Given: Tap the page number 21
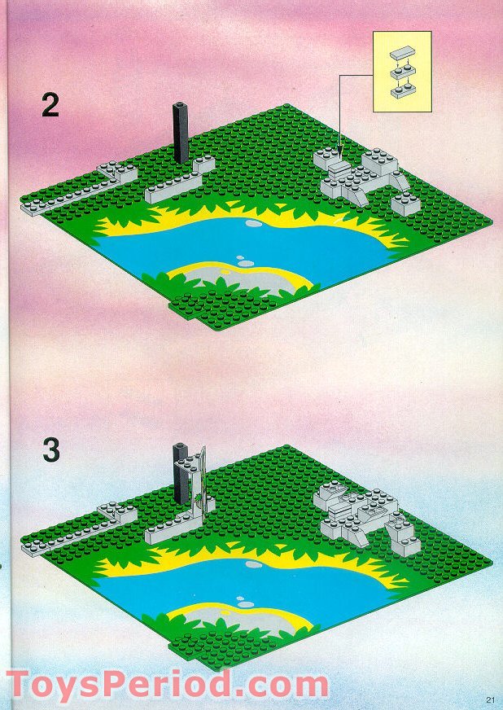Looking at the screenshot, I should (x=490, y=699).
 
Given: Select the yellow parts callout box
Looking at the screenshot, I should (x=401, y=72).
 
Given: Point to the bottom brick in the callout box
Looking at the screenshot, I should (x=401, y=93).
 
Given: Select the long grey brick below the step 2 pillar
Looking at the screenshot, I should (x=180, y=181).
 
